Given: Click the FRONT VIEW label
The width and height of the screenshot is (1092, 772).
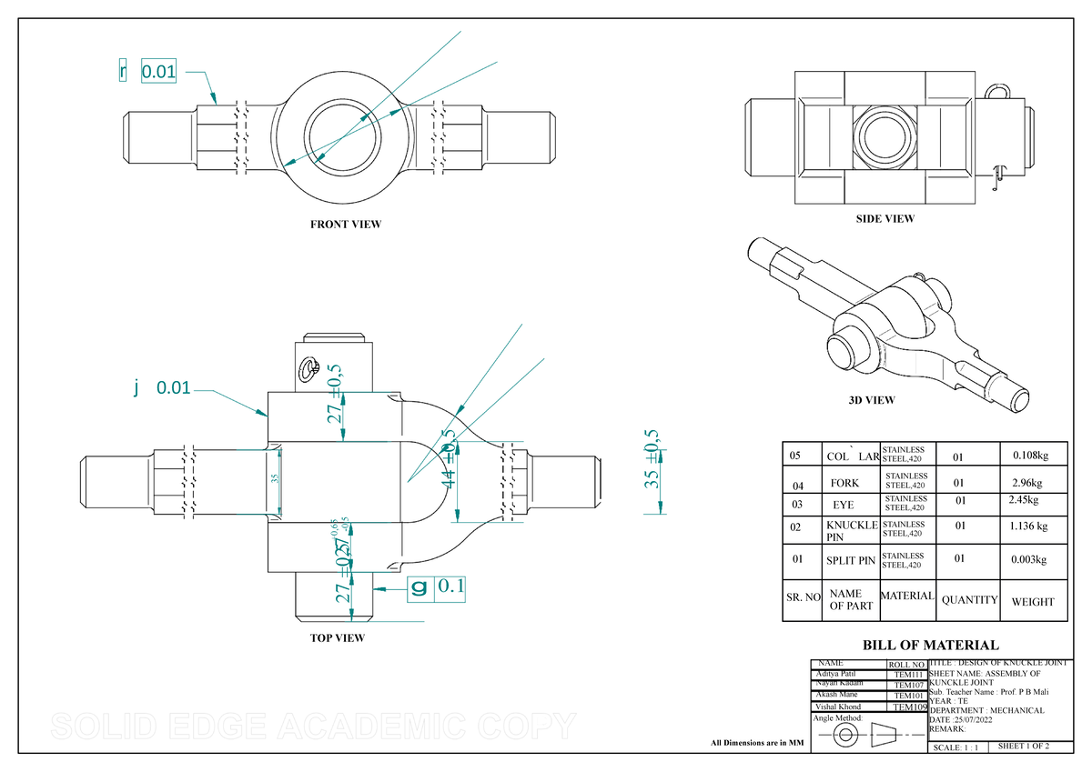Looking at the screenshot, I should click(x=346, y=224).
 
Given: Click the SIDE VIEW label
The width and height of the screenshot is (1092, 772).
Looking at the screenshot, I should click(x=885, y=218).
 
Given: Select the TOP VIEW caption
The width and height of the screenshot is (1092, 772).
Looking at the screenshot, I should click(x=337, y=637).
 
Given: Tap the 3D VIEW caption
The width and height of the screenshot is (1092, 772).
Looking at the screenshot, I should click(x=870, y=400).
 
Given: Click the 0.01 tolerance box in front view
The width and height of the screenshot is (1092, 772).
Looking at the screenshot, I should click(x=158, y=72).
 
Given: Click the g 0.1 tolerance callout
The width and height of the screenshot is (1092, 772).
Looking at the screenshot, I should click(x=438, y=587).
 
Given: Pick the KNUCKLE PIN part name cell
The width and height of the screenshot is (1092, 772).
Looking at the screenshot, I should click(x=851, y=531).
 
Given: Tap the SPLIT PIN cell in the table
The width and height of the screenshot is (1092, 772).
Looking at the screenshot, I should click(x=850, y=560).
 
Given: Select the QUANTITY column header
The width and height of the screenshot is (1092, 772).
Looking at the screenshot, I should click(x=969, y=600).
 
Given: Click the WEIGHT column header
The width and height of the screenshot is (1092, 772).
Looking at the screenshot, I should click(x=1033, y=601).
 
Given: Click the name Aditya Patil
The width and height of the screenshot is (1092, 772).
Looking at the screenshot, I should click(x=836, y=673).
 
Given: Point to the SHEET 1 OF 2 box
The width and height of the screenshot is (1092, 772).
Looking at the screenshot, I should click(x=1024, y=747).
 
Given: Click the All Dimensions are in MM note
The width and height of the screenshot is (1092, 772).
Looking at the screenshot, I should click(x=758, y=744).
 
